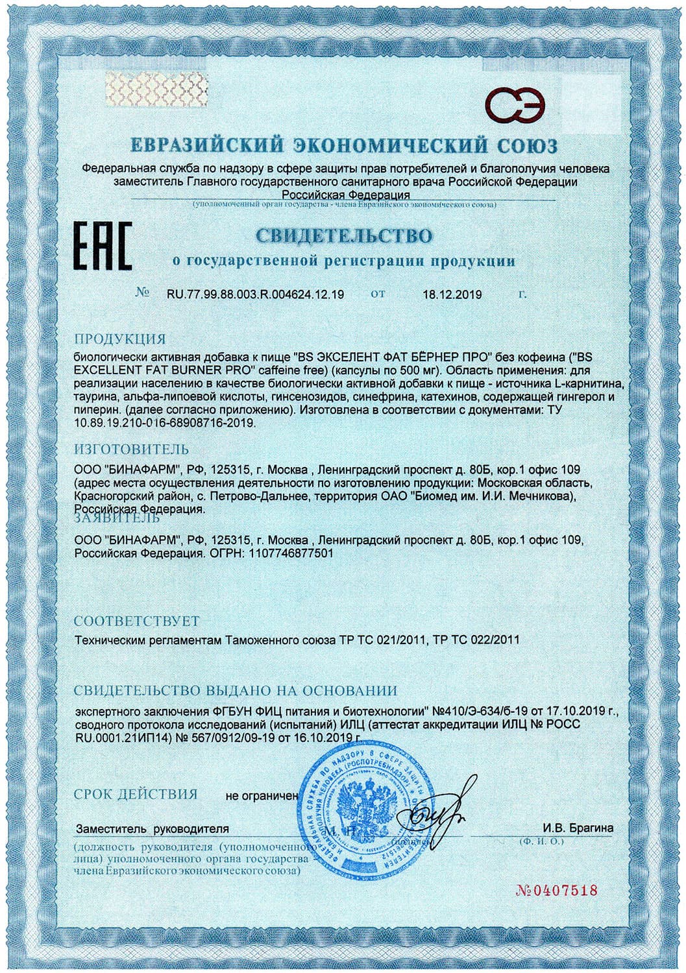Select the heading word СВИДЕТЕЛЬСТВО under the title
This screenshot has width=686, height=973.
click(344, 235)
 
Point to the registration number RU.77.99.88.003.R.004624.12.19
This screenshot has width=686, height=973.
click(256, 294)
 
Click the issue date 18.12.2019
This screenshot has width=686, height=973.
click(452, 294)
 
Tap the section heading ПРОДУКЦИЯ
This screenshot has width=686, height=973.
click(120, 339)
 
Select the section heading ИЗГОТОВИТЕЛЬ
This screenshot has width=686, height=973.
click(132, 449)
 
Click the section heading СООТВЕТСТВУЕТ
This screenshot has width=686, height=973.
click(137, 621)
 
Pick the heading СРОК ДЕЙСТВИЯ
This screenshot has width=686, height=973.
click(135, 794)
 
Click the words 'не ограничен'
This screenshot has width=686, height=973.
click(262, 796)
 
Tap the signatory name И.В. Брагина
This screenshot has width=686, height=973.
click(578, 828)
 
